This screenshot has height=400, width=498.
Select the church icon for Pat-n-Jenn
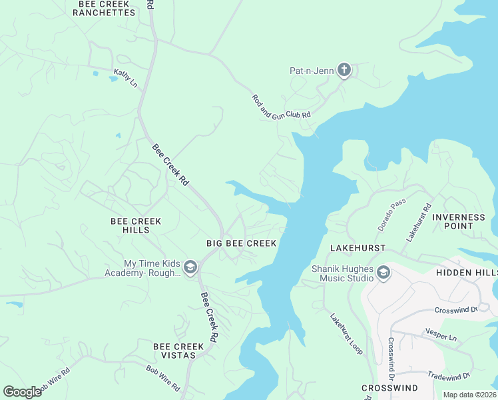coord(344,70)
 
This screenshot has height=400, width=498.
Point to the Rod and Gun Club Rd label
coord(281,106)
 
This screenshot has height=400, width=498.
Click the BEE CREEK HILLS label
coord(136,225)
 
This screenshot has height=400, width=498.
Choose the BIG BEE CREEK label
coord(241,243)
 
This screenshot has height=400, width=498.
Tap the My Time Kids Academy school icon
coord(190,267)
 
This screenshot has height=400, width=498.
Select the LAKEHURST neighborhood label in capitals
coord(358,248)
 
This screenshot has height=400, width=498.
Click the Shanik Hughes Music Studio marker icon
coord(383,272)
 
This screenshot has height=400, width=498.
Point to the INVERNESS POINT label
coord(459,221)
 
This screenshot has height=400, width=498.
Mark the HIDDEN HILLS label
coord(466,273)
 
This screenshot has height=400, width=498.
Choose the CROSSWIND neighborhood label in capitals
coord(389,388)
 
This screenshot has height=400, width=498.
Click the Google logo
coord(22,392)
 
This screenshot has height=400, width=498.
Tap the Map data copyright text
coord(469,395)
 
